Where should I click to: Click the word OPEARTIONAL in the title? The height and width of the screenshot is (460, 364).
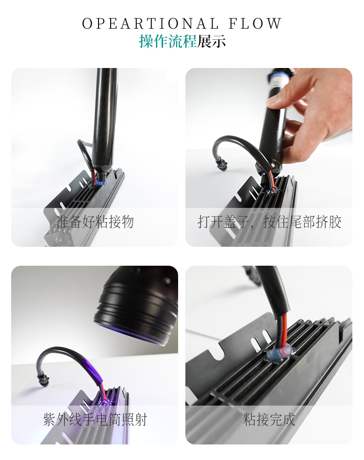pyautogui.click(x=150, y=24)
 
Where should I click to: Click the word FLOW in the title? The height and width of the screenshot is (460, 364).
pyautogui.click(x=255, y=24)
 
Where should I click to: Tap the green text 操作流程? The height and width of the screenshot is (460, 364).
pyautogui.click(x=167, y=41)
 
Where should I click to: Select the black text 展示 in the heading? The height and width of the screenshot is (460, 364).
pyautogui.click(x=211, y=41)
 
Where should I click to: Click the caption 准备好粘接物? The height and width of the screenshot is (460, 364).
pyautogui.click(x=95, y=222)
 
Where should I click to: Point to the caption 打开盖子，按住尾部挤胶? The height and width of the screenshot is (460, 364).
pyautogui.click(x=269, y=222)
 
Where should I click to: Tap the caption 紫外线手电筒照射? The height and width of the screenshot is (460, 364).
pyautogui.click(x=95, y=419)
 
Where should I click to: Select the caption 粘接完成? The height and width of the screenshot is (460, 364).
pyautogui.click(x=269, y=419)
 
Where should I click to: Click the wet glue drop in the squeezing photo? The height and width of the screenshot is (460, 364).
pyautogui.click(x=271, y=191)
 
